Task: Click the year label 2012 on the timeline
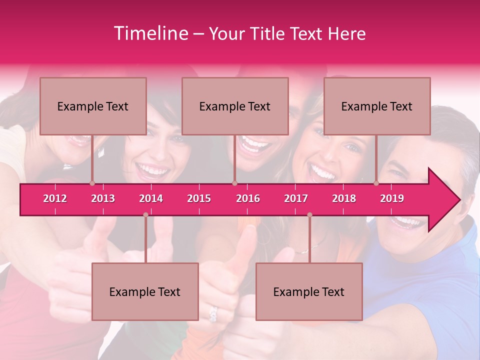coord(55,198)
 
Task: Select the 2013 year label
coord(103,198)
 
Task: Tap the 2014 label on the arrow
coord(151,198)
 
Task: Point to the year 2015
coord(199,198)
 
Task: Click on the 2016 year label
coord(248,198)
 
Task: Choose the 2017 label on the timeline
coord(296,198)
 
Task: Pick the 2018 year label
coord(344,198)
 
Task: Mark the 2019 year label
coord(392,198)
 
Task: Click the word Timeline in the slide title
coord(150,33)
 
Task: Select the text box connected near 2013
coord(93,106)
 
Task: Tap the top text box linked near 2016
coord(235,106)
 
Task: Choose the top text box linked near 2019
coord(377,106)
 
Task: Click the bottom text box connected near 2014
coord(145,291)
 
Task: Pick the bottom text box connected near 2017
coord(309,291)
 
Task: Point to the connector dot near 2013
coord(92,183)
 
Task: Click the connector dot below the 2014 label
coord(145,214)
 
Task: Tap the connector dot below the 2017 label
coord(309,214)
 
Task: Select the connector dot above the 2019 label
coord(376,183)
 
